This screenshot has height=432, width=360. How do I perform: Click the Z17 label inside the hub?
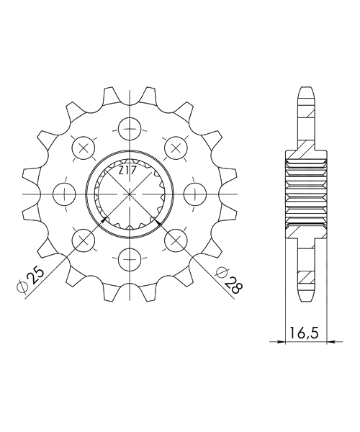tap(127, 171)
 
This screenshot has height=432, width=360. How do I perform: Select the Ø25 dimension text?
tap(31, 279)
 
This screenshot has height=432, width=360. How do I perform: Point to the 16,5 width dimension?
tap(304, 333)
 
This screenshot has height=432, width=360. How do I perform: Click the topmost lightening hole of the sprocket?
tap(129, 129)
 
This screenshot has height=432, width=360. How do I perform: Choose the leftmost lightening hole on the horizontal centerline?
tap(64, 194)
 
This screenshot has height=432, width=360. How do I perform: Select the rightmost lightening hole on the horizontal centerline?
tap(194, 194)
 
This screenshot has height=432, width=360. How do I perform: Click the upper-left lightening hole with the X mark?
tap(83, 148)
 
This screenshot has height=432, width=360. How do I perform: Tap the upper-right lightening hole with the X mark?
tap(176, 148)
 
